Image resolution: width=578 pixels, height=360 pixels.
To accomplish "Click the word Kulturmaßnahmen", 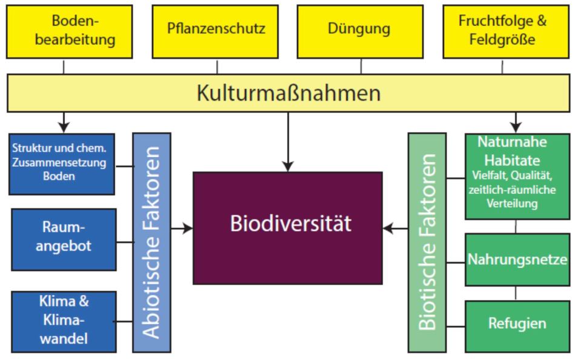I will [288, 93].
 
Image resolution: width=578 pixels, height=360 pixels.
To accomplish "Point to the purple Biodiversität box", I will [288, 227].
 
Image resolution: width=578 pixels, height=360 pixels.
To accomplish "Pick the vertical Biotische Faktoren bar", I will [427, 242].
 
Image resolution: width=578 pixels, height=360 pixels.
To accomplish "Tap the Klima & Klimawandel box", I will [64, 321].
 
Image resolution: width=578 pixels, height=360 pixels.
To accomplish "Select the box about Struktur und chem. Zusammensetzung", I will [63, 162].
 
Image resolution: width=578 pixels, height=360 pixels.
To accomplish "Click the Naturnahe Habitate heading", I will [517, 152].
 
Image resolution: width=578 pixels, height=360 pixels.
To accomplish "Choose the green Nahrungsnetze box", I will [517, 261].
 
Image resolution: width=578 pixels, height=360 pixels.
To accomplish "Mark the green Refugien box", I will [517, 323].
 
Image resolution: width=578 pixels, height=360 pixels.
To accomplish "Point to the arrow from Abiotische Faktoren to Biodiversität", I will [182, 228].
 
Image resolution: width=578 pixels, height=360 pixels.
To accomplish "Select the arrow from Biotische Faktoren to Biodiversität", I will [396, 228].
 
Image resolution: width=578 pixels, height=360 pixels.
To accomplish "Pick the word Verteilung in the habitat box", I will [517, 204].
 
